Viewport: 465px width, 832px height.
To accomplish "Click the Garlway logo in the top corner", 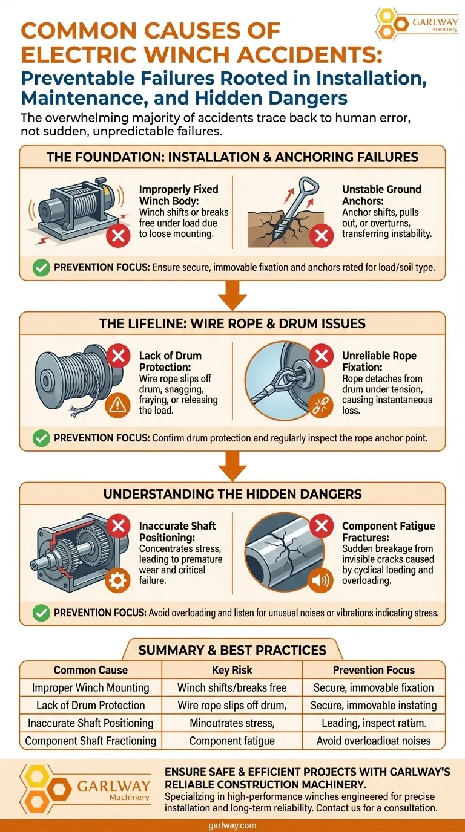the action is point(417,24).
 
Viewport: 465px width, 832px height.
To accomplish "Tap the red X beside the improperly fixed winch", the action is point(118,235).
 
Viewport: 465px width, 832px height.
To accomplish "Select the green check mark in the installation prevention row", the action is point(41,267).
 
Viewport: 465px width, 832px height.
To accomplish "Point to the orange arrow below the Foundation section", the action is point(232,295).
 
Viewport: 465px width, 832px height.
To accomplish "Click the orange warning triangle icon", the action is point(117,405).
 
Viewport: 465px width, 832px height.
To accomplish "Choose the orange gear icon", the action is point(117,580).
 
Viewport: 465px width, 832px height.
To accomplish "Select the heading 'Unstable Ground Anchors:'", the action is point(381,195).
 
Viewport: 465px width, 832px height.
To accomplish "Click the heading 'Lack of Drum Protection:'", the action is point(170,361).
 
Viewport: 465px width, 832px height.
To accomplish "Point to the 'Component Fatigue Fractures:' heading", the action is point(388,531).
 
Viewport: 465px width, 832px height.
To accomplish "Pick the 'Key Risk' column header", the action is point(232,670).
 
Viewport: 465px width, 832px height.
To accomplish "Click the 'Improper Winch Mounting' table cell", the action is point(90,687).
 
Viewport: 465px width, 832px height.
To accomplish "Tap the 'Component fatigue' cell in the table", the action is point(232,741).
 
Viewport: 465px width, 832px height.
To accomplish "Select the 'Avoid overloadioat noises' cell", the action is point(374,741).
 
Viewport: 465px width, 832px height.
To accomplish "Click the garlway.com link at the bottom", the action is point(232,825).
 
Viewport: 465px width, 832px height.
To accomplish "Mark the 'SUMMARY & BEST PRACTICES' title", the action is point(232,650).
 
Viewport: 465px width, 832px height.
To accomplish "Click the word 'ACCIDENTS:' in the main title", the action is point(309,54).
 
